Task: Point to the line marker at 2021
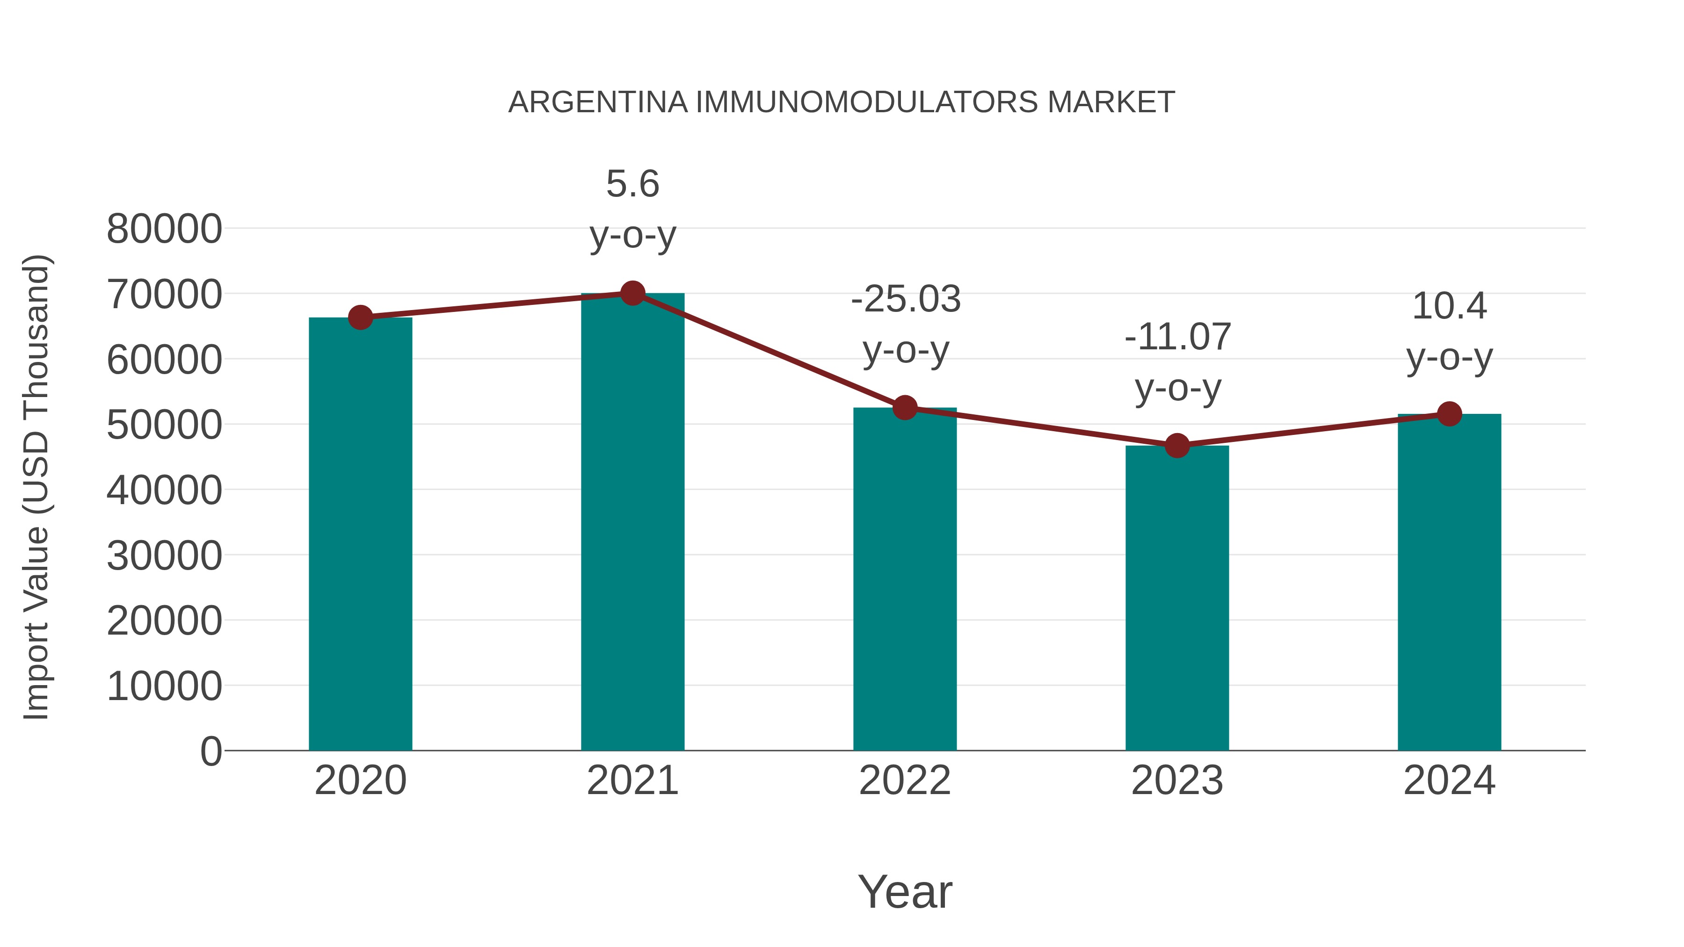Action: click(x=632, y=293)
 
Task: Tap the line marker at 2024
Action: click(x=1449, y=414)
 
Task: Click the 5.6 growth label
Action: click(x=632, y=184)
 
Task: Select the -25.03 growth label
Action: click(x=906, y=299)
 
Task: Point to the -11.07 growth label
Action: click(x=1177, y=337)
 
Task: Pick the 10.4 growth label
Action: click(x=1449, y=306)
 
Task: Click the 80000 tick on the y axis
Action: click(x=164, y=230)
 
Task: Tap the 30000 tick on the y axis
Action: click(x=164, y=556)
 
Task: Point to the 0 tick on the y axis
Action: click(x=210, y=751)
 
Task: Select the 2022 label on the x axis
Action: click(x=905, y=781)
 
